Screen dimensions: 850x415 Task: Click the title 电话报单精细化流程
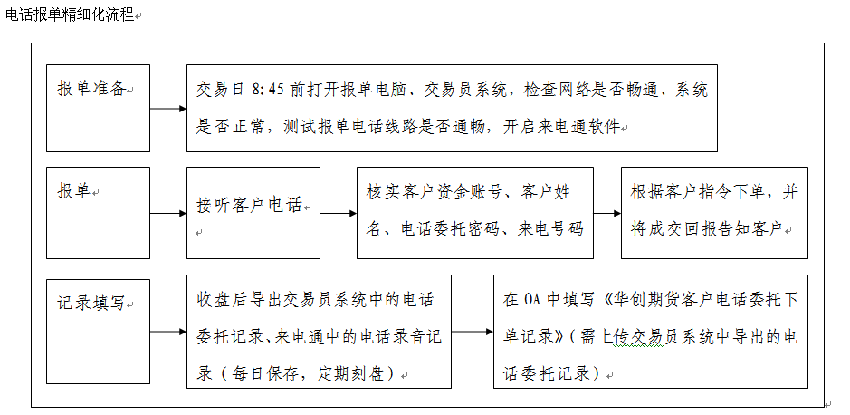[x=70, y=14]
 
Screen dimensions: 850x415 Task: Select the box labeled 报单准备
[x=98, y=109]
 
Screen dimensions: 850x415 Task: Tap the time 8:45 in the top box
[x=268, y=90]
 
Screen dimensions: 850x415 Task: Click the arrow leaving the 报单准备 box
[x=168, y=109]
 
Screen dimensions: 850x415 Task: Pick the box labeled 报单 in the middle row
[x=98, y=213]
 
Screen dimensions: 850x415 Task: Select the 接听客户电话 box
[x=253, y=213]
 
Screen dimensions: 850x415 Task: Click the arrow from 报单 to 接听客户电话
[x=168, y=213]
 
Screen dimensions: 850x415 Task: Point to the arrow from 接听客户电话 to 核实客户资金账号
[x=339, y=213]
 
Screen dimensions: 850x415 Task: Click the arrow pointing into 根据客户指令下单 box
[x=607, y=213]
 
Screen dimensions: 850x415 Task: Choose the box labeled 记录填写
[x=98, y=332]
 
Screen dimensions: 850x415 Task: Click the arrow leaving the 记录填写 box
[x=168, y=331]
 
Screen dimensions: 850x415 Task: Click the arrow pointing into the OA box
[x=473, y=331]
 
